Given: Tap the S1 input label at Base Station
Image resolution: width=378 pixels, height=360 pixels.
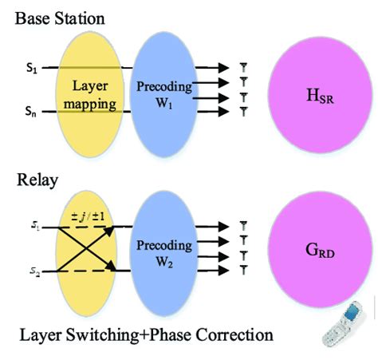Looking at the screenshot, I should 32,69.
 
